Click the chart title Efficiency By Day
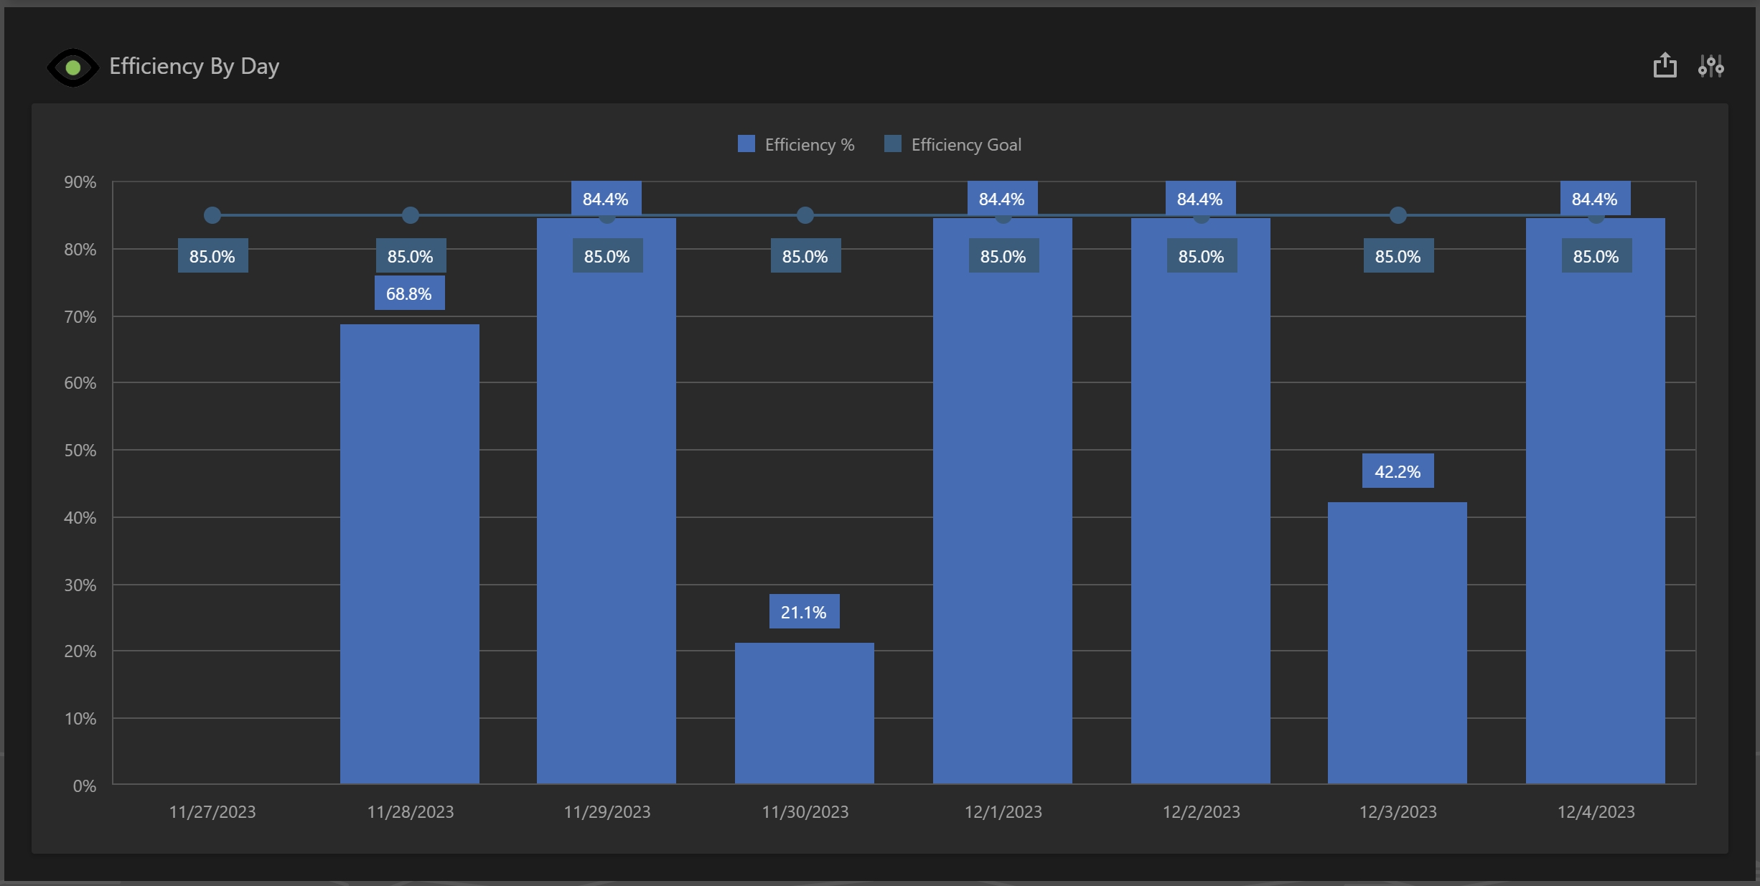[x=194, y=67]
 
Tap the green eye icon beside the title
[x=72, y=68]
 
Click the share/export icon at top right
[x=1665, y=66]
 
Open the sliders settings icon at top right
[x=1710, y=66]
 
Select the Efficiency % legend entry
[x=797, y=145]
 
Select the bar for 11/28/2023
[x=409, y=552]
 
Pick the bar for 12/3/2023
[x=1397, y=642]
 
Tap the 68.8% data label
[x=409, y=293]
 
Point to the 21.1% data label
[x=804, y=612]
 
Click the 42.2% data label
[x=1398, y=471]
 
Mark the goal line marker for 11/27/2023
[x=212, y=215]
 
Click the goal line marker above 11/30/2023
[x=805, y=215]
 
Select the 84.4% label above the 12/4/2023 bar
[x=1594, y=199]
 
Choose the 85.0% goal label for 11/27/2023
[x=212, y=256]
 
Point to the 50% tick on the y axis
[x=80, y=451]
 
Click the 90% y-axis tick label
[x=80, y=182]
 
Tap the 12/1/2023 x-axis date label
[x=1003, y=812]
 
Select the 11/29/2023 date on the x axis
[x=607, y=812]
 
